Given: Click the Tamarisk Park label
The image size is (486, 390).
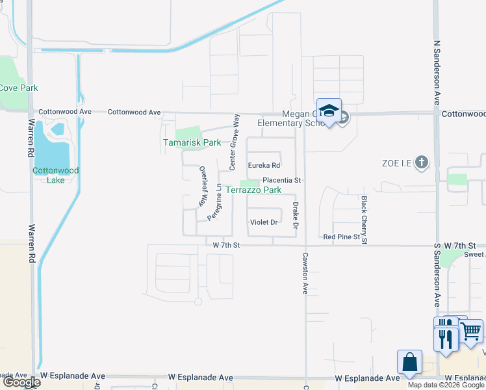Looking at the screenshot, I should click(192, 142).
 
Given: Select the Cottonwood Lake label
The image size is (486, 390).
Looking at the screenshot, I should click(56, 175).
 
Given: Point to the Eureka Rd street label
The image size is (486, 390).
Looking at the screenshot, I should click(264, 165).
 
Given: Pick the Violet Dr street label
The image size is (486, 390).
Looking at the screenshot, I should click(264, 222).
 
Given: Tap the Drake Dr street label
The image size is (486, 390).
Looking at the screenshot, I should click(295, 215).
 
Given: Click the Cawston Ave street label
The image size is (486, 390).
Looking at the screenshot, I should click(305, 274).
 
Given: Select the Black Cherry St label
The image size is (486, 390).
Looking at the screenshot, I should click(364, 220).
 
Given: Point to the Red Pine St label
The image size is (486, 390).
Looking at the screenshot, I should click(341, 237).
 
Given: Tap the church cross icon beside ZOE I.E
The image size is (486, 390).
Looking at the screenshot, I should click(421, 162).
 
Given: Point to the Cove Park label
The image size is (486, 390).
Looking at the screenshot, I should click(18, 88).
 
